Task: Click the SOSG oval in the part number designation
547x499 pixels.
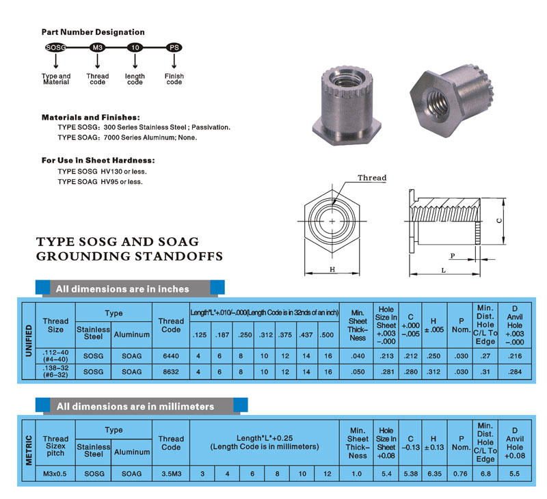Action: point(55,49)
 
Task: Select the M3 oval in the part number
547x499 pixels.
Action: point(96,49)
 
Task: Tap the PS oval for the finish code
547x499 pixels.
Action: point(174,49)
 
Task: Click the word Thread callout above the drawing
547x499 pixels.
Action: point(372,178)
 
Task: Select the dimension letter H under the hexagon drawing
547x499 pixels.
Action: point(332,269)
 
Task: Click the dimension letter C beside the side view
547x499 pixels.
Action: point(498,221)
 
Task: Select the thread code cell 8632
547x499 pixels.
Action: point(171,371)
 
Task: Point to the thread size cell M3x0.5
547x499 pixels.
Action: point(55,472)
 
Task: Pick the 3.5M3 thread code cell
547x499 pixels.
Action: point(171,472)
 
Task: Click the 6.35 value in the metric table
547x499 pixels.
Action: point(433,472)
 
